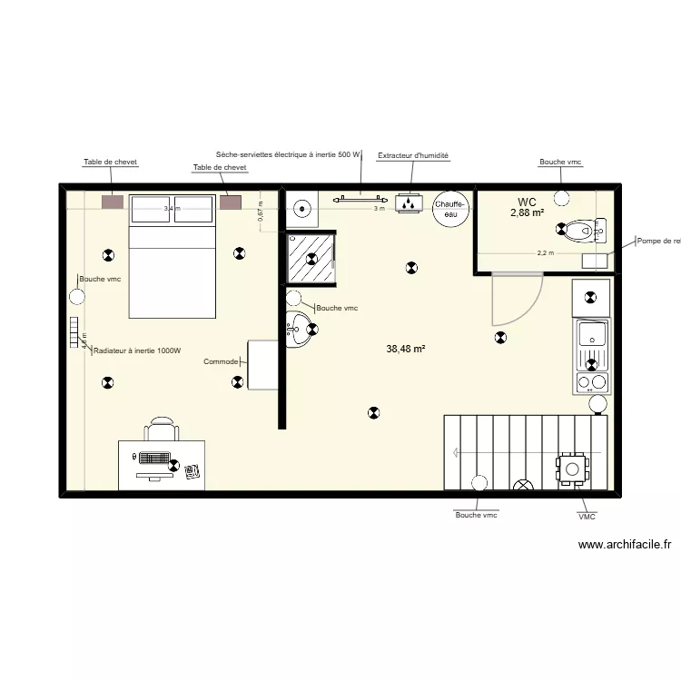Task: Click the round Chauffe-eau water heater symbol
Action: pyautogui.click(x=450, y=209)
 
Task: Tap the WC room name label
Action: pyautogui.click(x=527, y=202)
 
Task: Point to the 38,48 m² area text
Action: pyautogui.click(x=406, y=348)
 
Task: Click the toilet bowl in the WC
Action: pyautogui.click(x=582, y=232)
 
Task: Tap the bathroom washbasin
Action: pyautogui.click(x=298, y=331)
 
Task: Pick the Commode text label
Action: pyautogui.click(x=221, y=361)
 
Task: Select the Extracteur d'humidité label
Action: pyautogui.click(x=413, y=156)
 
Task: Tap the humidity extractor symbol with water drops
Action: pyautogui.click(x=410, y=204)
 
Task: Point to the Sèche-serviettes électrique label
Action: pyautogui.click(x=288, y=155)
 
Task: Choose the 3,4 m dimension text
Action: pyautogui.click(x=172, y=209)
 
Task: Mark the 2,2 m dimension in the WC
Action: pyautogui.click(x=544, y=253)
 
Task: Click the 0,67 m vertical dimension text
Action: pyautogui.click(x=260, y=212)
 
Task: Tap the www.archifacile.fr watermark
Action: pyautogui.click(x=624, y=545)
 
